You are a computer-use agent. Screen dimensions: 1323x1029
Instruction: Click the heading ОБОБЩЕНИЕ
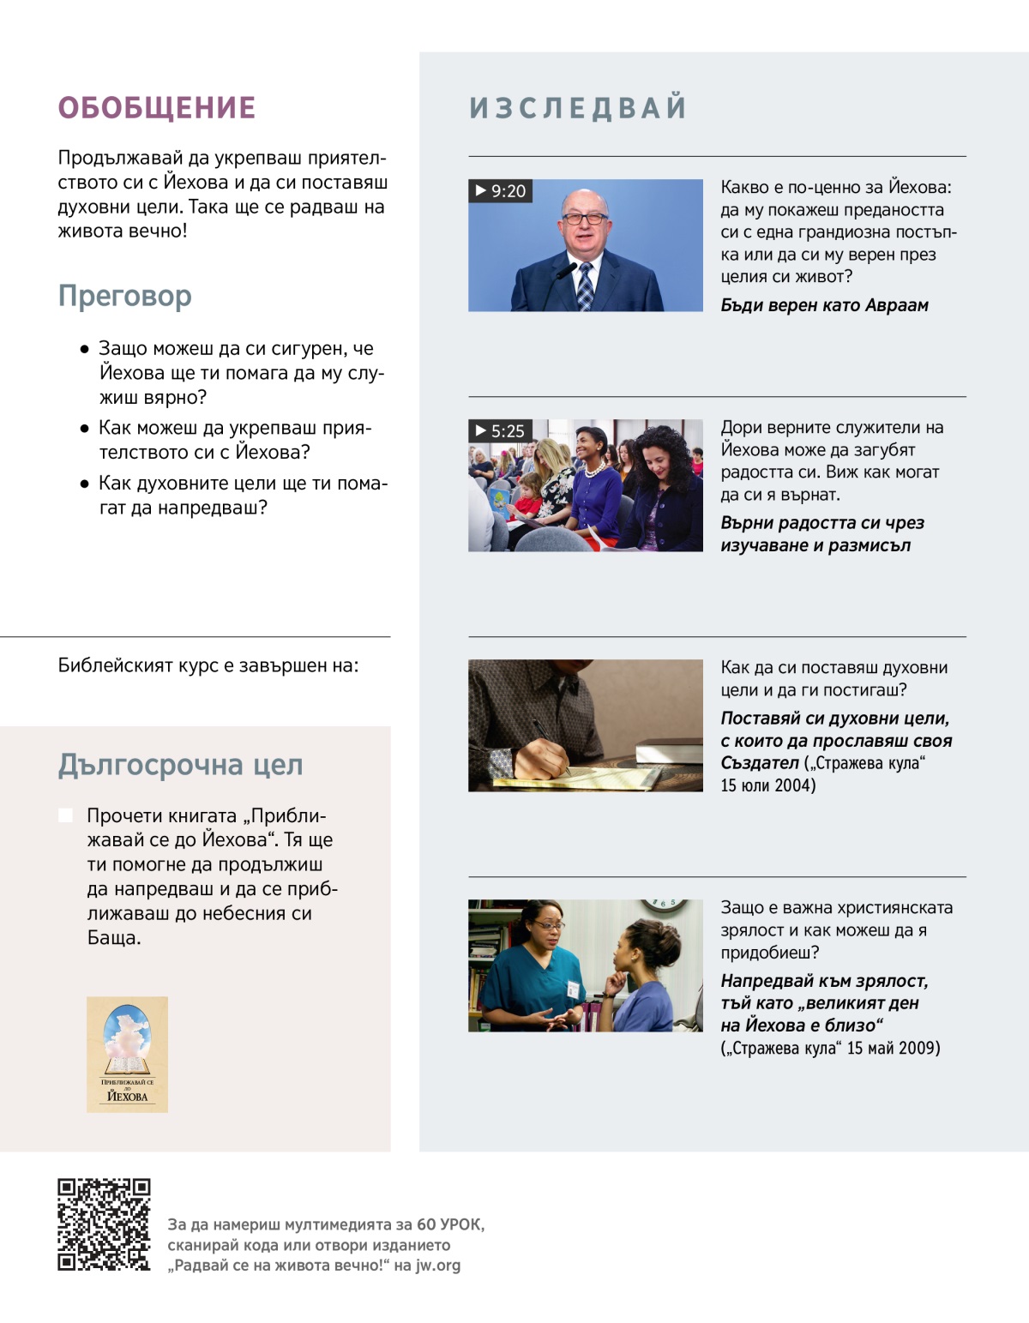coord(157,108)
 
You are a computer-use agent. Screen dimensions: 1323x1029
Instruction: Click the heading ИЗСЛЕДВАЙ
coord(578,108)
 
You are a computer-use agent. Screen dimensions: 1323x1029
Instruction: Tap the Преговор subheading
coord(125,296)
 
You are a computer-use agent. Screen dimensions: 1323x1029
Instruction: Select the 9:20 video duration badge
coord(501,191)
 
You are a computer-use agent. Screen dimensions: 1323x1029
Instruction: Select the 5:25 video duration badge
coord(501,431)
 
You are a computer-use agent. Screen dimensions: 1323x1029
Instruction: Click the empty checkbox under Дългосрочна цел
coord(65,815)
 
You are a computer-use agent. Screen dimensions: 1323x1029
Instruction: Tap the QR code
coord(104,1224)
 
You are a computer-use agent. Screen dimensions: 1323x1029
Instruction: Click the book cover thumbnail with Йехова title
coord(127,1055)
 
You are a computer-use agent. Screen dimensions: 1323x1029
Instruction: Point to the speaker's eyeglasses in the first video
coord(585,219)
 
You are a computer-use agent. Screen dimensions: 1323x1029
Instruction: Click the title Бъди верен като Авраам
coord(824,305)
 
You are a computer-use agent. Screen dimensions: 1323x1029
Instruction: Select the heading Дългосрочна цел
coord(180,765)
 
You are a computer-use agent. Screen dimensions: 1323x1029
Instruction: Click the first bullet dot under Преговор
coord(84,349)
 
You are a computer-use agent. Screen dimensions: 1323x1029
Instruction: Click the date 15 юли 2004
coord(768,785)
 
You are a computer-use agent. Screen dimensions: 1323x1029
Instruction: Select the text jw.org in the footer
coord(437,1266)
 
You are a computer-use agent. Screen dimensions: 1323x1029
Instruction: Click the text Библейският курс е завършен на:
coord(208,665)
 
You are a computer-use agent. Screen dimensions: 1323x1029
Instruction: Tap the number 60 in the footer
coord(426,1224)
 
